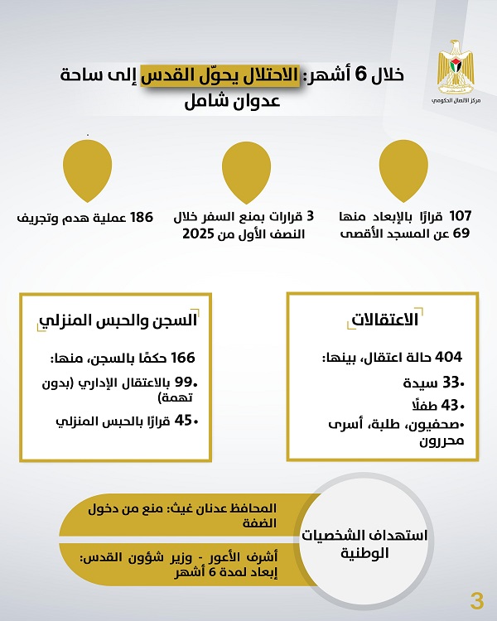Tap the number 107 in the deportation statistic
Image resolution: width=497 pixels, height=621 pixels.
[x=461, y=217]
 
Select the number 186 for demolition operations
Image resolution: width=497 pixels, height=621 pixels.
[x=141, y=217]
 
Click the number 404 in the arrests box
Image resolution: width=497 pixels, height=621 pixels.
[x=446, y=357]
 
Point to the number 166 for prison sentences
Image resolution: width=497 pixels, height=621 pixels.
[x=181, y=358]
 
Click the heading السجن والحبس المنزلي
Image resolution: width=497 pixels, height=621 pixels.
[x=122, y=320]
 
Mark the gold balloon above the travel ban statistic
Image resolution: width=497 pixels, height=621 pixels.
[x=247, y=165]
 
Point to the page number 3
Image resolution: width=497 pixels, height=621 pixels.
[x=475, y=599]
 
